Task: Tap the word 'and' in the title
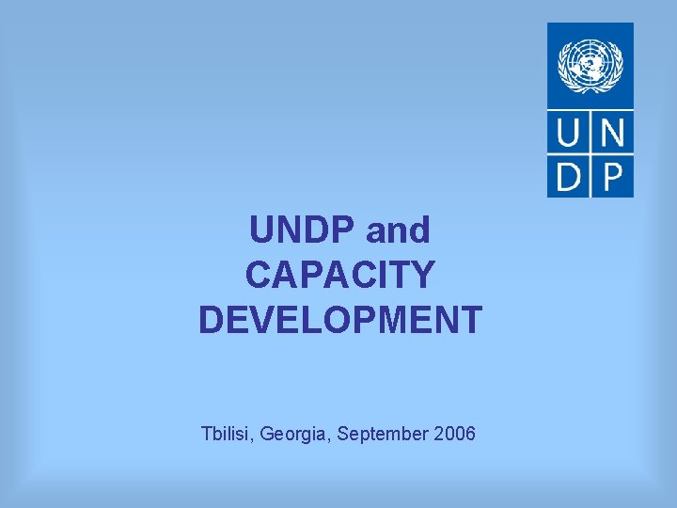click(398, 230)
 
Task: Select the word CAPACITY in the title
click(340, 276)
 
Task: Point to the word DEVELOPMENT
click(340, 320)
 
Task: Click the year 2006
click(456, 435)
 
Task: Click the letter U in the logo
click(569, 133)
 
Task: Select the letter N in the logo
click(612, 133)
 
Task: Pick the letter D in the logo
click(569, 176)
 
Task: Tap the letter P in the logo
click(612, 176)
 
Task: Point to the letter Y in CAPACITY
click(422, 276)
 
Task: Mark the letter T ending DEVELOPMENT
click(470, 320)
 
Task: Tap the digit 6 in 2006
click(469, 435)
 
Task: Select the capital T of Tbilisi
click(207, 435)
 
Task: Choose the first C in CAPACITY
click(260, 276)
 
